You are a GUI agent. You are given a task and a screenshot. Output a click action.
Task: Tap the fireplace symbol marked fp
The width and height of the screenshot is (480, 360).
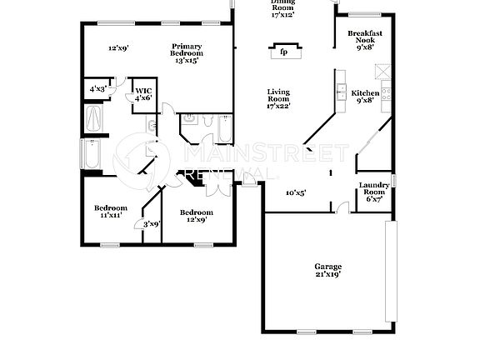click(282, 52)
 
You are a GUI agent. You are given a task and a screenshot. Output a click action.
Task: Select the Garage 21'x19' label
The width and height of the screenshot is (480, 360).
click(327, 270)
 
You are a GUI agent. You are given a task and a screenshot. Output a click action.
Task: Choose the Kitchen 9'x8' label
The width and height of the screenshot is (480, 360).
click(365, 97)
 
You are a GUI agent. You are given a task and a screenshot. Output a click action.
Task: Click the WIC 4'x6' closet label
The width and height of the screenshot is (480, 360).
click(142, 94)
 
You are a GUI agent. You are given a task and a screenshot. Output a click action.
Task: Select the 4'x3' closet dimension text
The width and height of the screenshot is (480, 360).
click(97, 89)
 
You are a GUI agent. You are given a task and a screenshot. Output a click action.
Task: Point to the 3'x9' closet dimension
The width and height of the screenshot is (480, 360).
click(151, 223)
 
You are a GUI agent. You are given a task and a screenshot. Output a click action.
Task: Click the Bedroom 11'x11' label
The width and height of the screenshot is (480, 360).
click(110, 211)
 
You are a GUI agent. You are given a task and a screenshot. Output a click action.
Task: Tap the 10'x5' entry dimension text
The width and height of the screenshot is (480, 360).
click(295, 192)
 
